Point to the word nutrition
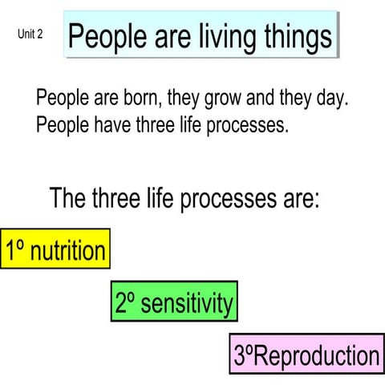[67, 251]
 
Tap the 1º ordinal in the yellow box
[14, 251]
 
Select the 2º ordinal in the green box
[125, 303]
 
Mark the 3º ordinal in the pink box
[243, 355]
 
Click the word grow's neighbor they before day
[303, 99]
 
